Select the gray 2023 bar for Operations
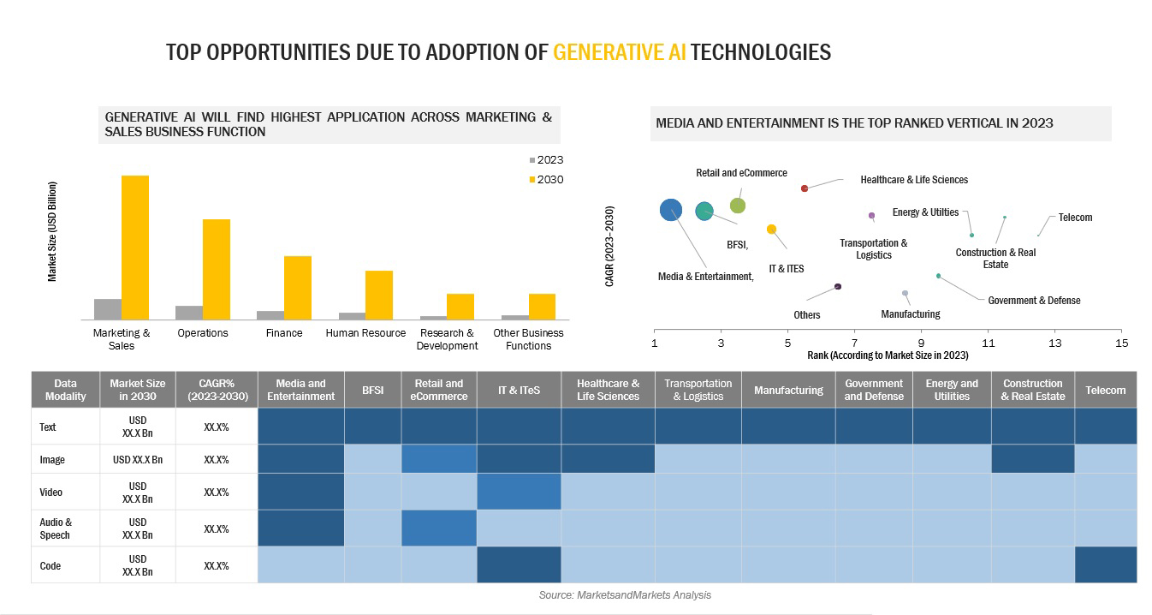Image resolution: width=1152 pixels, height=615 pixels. tap(189, 312)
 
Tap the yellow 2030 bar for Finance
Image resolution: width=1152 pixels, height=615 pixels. tap(298, 287)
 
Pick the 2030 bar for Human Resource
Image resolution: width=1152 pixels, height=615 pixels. tap(379, 295)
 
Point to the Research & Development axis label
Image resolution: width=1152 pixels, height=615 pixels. tap(447, 339)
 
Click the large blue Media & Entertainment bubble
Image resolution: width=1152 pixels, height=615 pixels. tap(671, 210)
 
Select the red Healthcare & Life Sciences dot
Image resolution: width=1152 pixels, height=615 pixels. tap(805, 188)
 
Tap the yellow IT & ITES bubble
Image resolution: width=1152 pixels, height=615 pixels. tap(771, 229)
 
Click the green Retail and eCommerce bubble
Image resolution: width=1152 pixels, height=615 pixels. tap(738, 206)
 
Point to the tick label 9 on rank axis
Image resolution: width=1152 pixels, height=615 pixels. tap(921, 343)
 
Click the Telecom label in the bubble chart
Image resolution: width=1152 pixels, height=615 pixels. tap(1075, 218)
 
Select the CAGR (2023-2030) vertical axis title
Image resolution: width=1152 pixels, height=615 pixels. tap(609, 245)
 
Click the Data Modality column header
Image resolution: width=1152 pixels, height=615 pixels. tap(65, 390)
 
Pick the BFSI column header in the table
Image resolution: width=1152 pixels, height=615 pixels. tap(372, 390)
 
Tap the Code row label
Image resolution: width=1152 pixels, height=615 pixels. tap(50, 565)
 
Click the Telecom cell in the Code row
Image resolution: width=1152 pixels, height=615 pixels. tap(1105, 565)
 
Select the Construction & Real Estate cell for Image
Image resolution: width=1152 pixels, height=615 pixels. tap(1032, 459)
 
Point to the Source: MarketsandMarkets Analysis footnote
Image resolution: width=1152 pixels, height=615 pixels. tap(625, 594)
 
